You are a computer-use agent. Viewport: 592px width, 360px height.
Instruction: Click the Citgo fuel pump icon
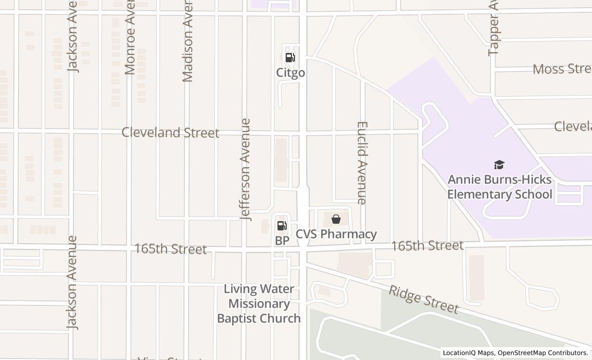click(x=290, y=58)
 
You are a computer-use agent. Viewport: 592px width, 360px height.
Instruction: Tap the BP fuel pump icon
click(x=282, y=225)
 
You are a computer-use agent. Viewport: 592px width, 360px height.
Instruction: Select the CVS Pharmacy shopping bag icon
click(x=336, y=220)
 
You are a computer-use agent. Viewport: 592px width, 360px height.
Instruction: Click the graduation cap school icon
click(x=499, y=165)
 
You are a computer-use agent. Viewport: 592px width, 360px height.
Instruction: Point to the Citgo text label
click(x=290, y=73)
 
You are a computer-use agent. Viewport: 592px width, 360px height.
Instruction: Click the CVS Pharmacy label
click(x=336, y=235)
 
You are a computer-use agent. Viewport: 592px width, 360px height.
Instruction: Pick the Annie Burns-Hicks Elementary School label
click(x=499, y=187)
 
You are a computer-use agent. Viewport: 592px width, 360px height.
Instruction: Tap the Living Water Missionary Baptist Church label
click(x=259, y=303)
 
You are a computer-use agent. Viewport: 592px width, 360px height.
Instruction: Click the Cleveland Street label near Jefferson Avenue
click(x=170, y=133)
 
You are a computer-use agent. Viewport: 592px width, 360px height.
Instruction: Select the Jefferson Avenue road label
click(x=246, y=169)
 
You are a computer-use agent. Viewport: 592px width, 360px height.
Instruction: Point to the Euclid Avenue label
click(x=362, y=163)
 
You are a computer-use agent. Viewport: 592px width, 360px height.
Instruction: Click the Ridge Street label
click(x=423, y=299)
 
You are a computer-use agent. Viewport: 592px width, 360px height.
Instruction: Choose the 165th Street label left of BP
click(x=170, y=249)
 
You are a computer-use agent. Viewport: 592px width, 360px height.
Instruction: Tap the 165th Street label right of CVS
click(x=427, y=246)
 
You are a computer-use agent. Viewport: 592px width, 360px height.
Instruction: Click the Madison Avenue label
click(x=188, y=41)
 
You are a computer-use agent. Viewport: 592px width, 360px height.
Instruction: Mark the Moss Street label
click(x=562, y=69)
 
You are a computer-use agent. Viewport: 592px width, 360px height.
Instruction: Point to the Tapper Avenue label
click(x=494, y=28)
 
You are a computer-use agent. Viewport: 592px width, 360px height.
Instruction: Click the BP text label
click(x=282, y=240)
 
